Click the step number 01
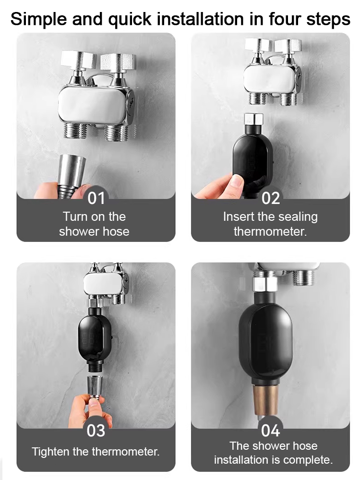click(x=96, y=198)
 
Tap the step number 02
click(x=271, y=198)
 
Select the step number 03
click(x=96, y=430)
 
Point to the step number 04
click(x=271, y=430)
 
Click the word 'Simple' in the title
click(x=39, y=19)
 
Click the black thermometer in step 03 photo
click(x=95, y=338)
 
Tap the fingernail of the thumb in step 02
click(x=237, y=181)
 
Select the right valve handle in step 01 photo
click(x=118, y=61)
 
